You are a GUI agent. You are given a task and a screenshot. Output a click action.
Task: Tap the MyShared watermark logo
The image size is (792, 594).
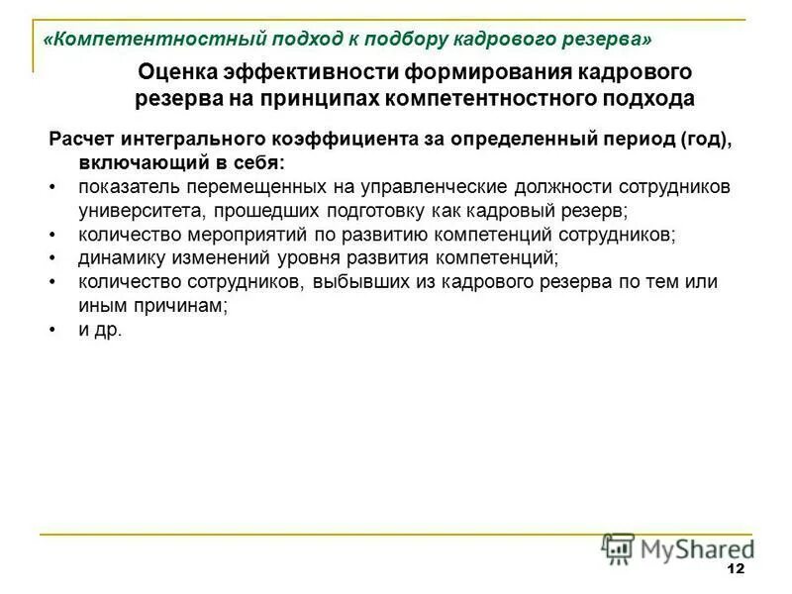click(x=678, y=548)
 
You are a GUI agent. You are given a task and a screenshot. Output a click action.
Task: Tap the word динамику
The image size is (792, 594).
click(x=120, y=258)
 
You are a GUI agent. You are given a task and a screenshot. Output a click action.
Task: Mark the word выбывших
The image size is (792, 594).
click(x=359, y=282)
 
